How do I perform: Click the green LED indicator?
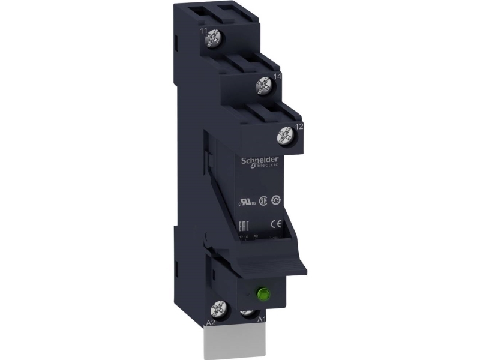262,295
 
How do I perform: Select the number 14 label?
278,76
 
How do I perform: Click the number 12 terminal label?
299,127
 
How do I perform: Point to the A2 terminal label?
211,323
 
